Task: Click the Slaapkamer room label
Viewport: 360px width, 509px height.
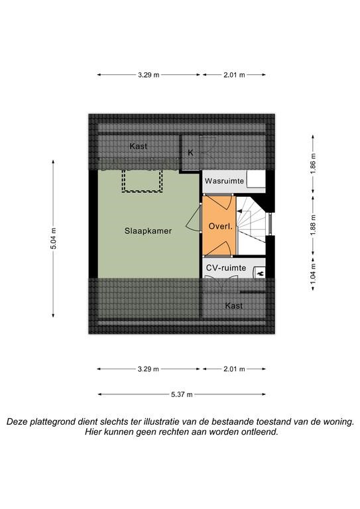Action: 148,231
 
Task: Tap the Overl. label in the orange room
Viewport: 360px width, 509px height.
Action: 220,226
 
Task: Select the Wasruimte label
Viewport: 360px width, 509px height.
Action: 224,181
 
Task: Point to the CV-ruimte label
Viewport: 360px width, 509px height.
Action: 226,268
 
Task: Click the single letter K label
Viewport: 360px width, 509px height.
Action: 190,152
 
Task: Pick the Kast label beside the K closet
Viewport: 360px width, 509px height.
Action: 139,146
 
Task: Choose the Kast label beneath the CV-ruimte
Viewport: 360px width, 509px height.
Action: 234,306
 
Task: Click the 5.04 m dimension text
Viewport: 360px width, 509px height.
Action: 53,239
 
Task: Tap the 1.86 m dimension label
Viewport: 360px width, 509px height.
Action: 313,163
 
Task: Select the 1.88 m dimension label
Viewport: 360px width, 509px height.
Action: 313,225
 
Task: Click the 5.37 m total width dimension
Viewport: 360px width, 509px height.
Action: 182,394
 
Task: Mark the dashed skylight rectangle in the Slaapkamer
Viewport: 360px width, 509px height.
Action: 142,181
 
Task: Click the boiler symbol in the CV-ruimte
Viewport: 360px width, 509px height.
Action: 260,273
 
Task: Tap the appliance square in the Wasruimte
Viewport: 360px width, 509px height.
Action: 255,180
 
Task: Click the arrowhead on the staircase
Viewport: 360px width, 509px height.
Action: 239,211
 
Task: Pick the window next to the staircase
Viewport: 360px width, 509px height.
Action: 269,223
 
